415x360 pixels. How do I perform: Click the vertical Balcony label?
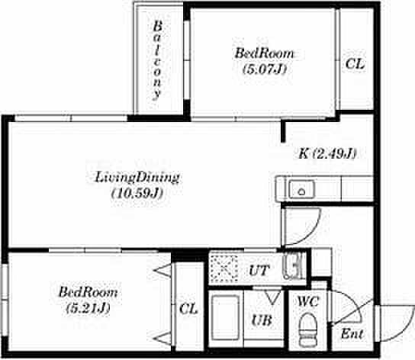pos(157,61)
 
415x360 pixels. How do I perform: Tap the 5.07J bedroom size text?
pos(265,69)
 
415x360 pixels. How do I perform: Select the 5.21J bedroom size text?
pos(88,308)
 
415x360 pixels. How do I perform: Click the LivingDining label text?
pos(137,177)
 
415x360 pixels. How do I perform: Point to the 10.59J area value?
pos(137,194)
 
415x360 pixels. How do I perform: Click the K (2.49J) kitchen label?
pos(327,153)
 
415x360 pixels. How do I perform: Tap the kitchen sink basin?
pos(301,188)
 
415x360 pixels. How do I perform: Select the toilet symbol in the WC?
pos(307,329)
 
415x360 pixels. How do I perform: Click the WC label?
pos(307,302)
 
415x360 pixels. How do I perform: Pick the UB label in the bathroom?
pos(262,320)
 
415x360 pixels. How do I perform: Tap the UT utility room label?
pos(259,271)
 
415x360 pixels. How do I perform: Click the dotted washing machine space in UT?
pos(224,269)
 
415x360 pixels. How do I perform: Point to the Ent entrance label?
pos(352,334)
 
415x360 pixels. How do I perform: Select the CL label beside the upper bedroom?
pos(355,64)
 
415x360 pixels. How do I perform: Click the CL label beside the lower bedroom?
pos(188,309)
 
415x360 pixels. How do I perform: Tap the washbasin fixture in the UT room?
pos(292,265)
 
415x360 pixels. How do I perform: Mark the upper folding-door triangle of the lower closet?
pos(162,271)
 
